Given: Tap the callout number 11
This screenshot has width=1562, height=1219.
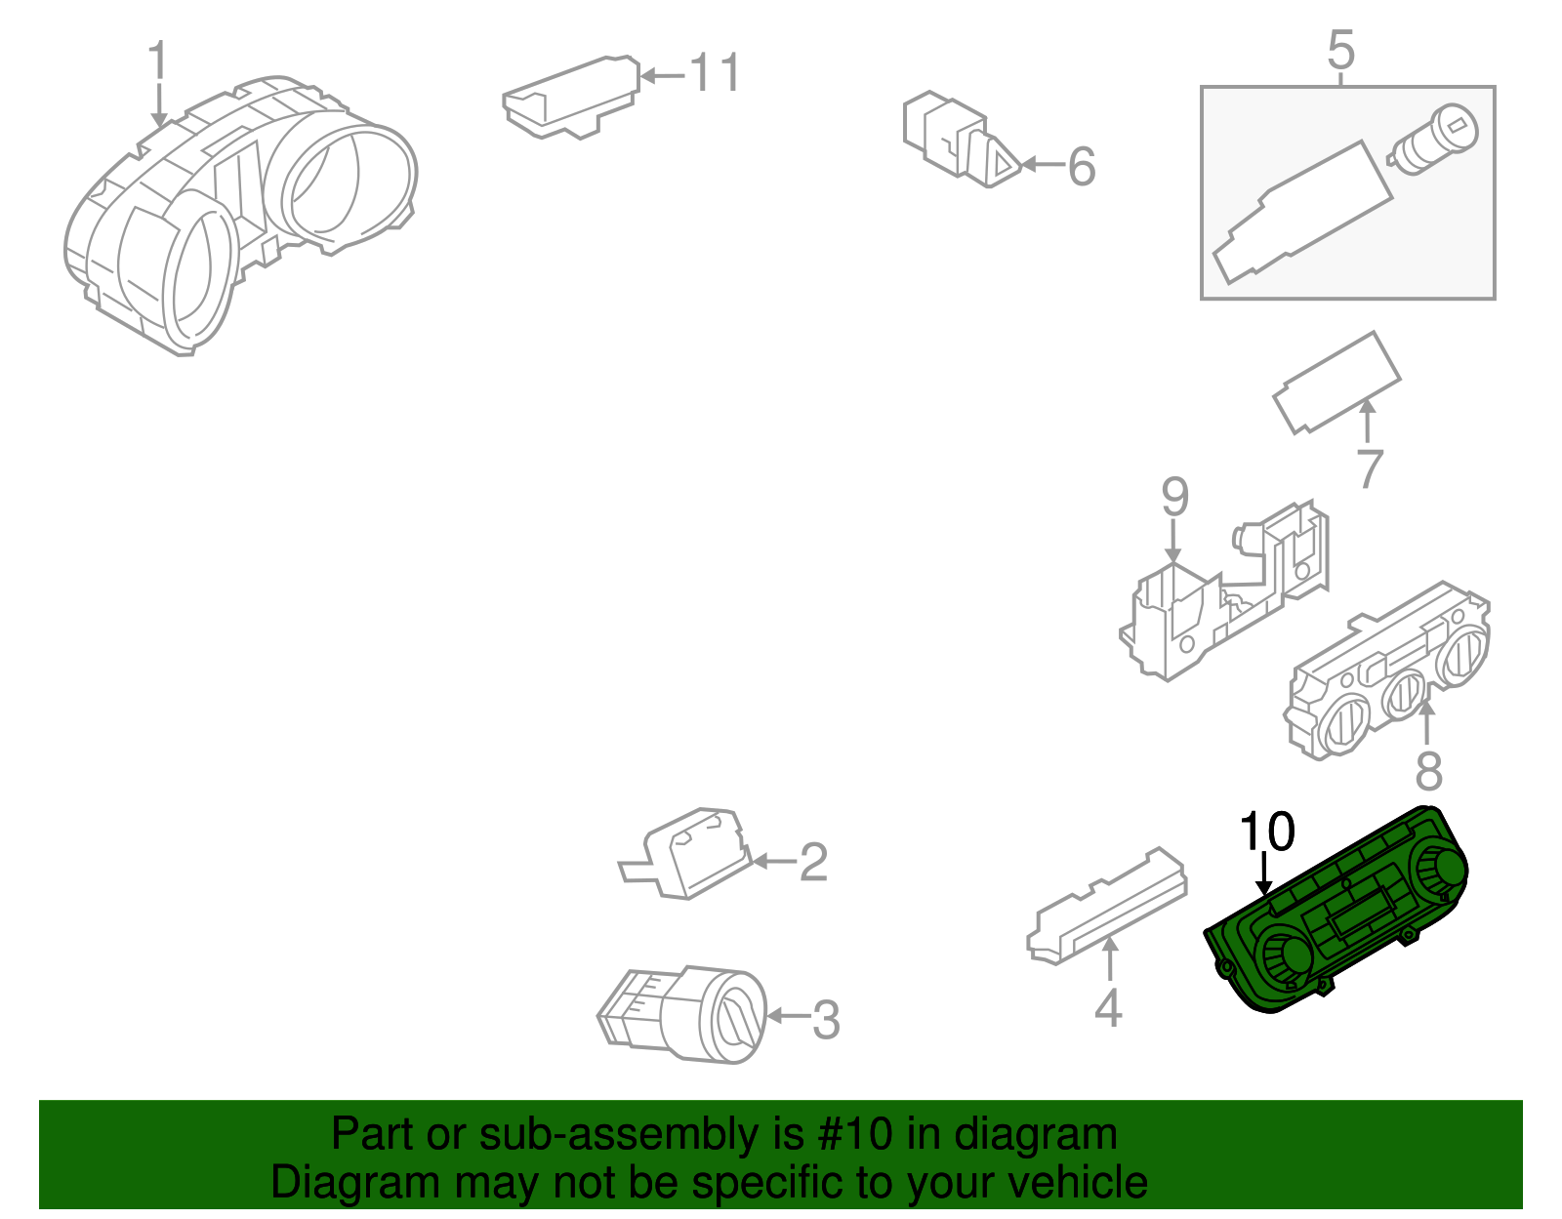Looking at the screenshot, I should [715, 74].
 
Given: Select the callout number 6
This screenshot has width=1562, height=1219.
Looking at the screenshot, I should [1082, 167].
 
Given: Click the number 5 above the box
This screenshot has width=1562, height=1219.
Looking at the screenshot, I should [1341, 50].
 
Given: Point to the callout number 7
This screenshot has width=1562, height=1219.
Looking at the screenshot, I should [1370, 469].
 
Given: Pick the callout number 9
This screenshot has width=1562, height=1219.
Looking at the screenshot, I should [1174, 498].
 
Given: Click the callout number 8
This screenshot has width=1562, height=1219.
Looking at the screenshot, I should [1428, 771].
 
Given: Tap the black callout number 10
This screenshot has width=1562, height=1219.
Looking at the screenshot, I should [1266, 832].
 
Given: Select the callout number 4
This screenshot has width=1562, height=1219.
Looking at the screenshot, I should [1108, 1008].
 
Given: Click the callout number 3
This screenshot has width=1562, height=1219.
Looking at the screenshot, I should [826, 1021].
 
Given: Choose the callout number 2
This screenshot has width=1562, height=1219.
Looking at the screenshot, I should [813, 862].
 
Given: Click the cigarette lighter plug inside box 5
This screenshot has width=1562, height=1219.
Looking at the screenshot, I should [1433, 141].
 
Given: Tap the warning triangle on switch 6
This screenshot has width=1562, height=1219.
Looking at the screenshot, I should [1002, 164].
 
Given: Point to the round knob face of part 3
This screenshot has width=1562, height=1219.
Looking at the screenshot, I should [737, 1018].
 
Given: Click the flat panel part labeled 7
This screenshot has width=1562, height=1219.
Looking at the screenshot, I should [1336, 383].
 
